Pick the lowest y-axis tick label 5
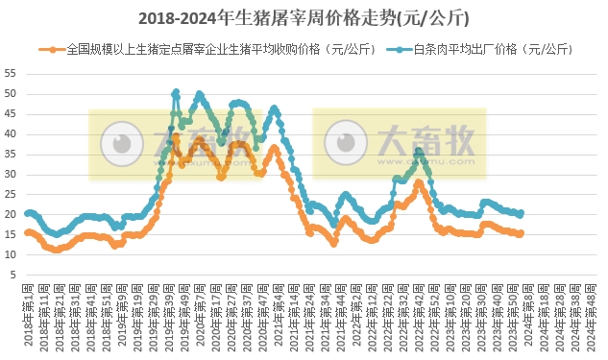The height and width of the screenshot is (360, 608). (x=12, y=276)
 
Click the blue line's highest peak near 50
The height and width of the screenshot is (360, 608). (x=176, y=92)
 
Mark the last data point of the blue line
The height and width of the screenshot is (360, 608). (x=521, y=213)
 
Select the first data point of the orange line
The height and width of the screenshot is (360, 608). (x=27, y=232)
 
